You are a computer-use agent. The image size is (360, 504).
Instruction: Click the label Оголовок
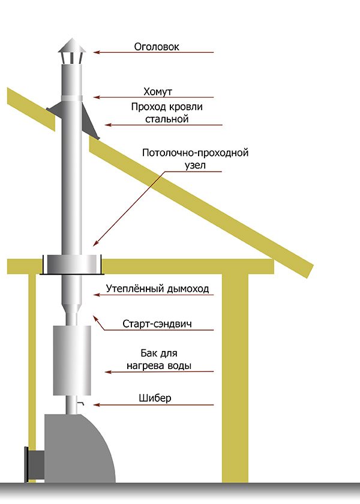pos(157,47)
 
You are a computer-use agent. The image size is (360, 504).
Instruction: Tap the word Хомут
pos(157,92)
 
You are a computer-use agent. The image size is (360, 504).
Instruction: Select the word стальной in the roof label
pos(167,119)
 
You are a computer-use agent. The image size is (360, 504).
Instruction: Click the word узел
pos(195,165)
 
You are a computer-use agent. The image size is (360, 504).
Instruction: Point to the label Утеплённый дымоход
pos(157,289)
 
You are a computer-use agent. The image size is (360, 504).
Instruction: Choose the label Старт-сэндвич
pos(157,323)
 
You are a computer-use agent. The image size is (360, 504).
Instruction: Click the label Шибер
pos(155,398)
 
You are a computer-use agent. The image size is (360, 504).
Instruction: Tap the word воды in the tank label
pos(179,366)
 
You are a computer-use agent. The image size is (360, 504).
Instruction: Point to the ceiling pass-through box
pos(72,265)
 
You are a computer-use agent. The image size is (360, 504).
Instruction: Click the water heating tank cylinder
pos(72,360)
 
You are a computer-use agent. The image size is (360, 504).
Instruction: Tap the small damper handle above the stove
pos(80,402)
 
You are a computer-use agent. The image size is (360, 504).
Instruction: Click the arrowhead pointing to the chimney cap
pos(97,52)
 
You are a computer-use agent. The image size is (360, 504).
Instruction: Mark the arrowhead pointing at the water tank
pos(109,372)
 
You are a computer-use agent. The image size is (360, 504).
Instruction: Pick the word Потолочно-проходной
pos(196,152)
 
